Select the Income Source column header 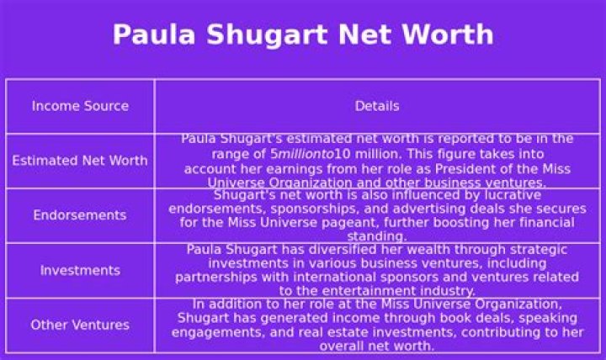[80, 106]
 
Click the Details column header [377, 106]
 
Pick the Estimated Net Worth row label [80, 161]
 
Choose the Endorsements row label [80, 215]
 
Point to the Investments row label [80, 270]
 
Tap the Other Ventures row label [80, 325]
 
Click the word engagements [212, 332]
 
